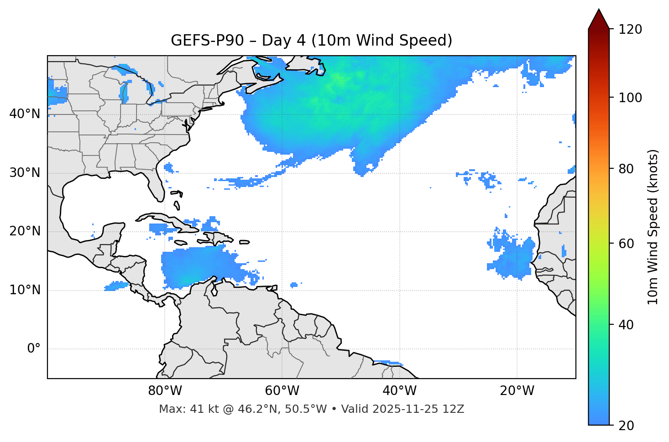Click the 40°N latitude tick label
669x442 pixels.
(25, 114)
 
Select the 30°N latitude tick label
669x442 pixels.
(25, 173)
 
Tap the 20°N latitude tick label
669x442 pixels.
(25, 231)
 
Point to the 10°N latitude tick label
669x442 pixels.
(25, 290)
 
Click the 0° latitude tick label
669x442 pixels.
(33, 349)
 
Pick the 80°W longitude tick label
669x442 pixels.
(165, 391)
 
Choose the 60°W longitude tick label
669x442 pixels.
(282, 391)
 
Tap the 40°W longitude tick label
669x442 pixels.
(400, 391)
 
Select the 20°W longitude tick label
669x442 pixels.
(517, 391)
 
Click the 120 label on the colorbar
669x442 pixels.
(630, 30)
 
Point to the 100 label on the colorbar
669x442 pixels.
(630, 98)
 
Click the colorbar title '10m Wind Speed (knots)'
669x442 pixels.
(653, 227)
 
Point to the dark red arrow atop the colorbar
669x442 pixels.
(599, 19)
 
